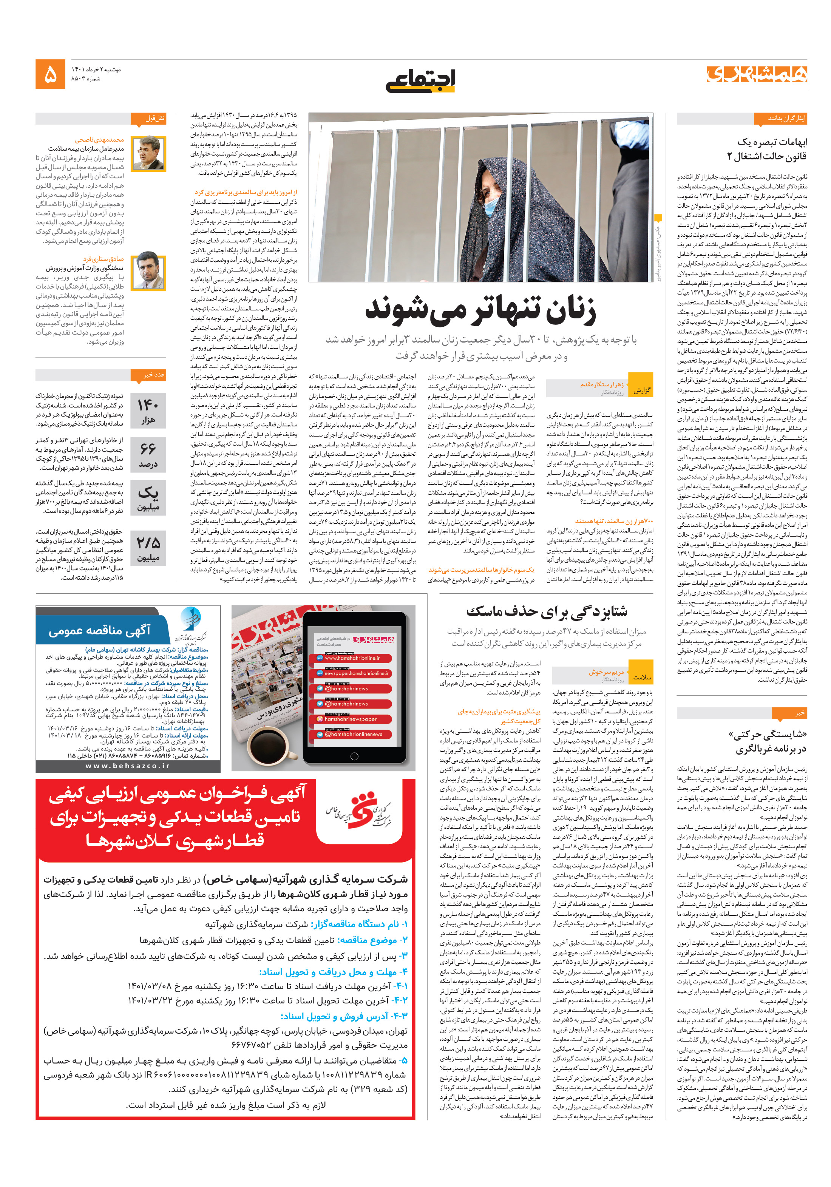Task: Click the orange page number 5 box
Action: coord(50,74)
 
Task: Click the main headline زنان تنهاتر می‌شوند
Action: coord(480,310)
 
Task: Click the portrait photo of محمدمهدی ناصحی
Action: coord(148,154)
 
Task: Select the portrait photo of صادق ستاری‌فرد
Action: coord(148,272)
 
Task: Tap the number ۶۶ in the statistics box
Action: coord(148,449)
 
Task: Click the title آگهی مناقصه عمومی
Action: coord(99,631)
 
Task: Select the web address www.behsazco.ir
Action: coord(128,766)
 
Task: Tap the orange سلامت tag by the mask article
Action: coord(642,677)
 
